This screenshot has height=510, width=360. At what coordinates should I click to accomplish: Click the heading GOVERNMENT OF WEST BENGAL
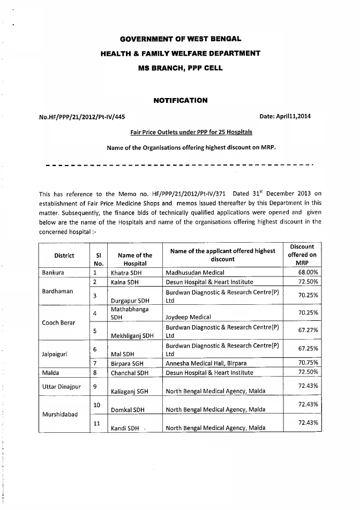click(x=180, y=39)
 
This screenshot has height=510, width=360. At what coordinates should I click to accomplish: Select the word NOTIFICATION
click(x=180, y=100)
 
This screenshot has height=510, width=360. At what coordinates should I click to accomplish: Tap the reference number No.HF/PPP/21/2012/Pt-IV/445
click(x=82, y=116)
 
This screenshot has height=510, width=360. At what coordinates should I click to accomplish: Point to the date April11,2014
click(x=285, y=116)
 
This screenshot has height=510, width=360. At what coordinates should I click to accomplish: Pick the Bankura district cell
click(x=53, y=273)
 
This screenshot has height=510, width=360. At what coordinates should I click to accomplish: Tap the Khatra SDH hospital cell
click(x=126, y=273)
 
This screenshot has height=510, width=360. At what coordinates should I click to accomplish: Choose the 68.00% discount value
click(x=308, y=273)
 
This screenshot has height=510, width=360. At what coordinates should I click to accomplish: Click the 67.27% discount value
click(x=308, y=331)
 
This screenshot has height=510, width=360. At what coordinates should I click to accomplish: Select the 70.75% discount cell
click(x=308, y=363)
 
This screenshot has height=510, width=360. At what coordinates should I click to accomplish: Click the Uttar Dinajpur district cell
click(x=61, y=386)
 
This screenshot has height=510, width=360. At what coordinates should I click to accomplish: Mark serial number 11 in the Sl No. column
click(x=97, y=423)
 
